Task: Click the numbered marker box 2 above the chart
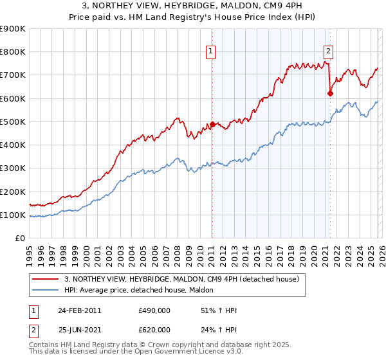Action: pos(329,52)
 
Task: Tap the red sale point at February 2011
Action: pos(212,124)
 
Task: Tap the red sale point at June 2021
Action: pos(330,94)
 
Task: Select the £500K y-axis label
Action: pos(14,122)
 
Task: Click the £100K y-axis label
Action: pos(14,215)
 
